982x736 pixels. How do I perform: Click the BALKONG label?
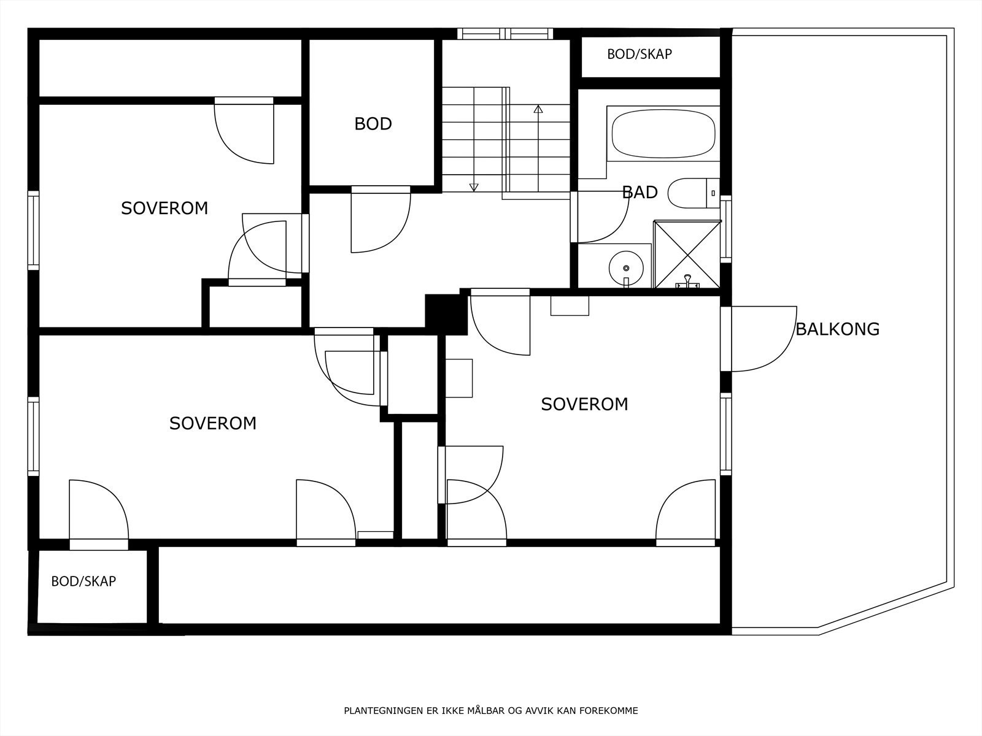pyautogui.click(x=838, y=329)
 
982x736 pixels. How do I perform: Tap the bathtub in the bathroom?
pyautogui.click(x=663, y=134)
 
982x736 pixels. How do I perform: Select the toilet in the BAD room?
pyautogui.click(x=694, y=193)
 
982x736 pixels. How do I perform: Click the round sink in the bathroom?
pyautogui.click(x=626, y=268)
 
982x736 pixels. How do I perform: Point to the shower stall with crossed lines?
pyautogui.click(x=687, y=255)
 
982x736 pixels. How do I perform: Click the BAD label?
pyautogui.click(x=640, y=193)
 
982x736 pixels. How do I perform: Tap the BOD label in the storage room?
pyautogui.click(x=373, y=124)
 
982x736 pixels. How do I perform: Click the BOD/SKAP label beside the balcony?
pyautogui.click(x=640, y=54)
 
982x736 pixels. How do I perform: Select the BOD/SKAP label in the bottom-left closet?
pyautogui.click(x=83, y=581)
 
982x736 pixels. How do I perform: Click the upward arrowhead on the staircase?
pyautogui.click(x=538, y=109)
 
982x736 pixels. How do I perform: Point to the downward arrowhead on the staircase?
pyautogui.click(x=474, y=187)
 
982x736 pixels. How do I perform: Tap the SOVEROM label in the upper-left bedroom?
pyautogui.click(x=164, y=209)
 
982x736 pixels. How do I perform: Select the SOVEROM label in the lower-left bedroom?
pyautogui.click(x=213, y=423)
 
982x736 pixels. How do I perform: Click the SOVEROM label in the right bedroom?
pyautogui.click(x=585, y=404)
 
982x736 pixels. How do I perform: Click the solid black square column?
pyautogui.click(x=446, y=315)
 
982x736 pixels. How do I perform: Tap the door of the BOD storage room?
pyautogui.click(x=381, y=220)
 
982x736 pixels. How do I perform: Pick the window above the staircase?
pyautogui.click(x=505, y=34)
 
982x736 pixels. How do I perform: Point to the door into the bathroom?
pyautogui.click(x=600, y=217)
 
